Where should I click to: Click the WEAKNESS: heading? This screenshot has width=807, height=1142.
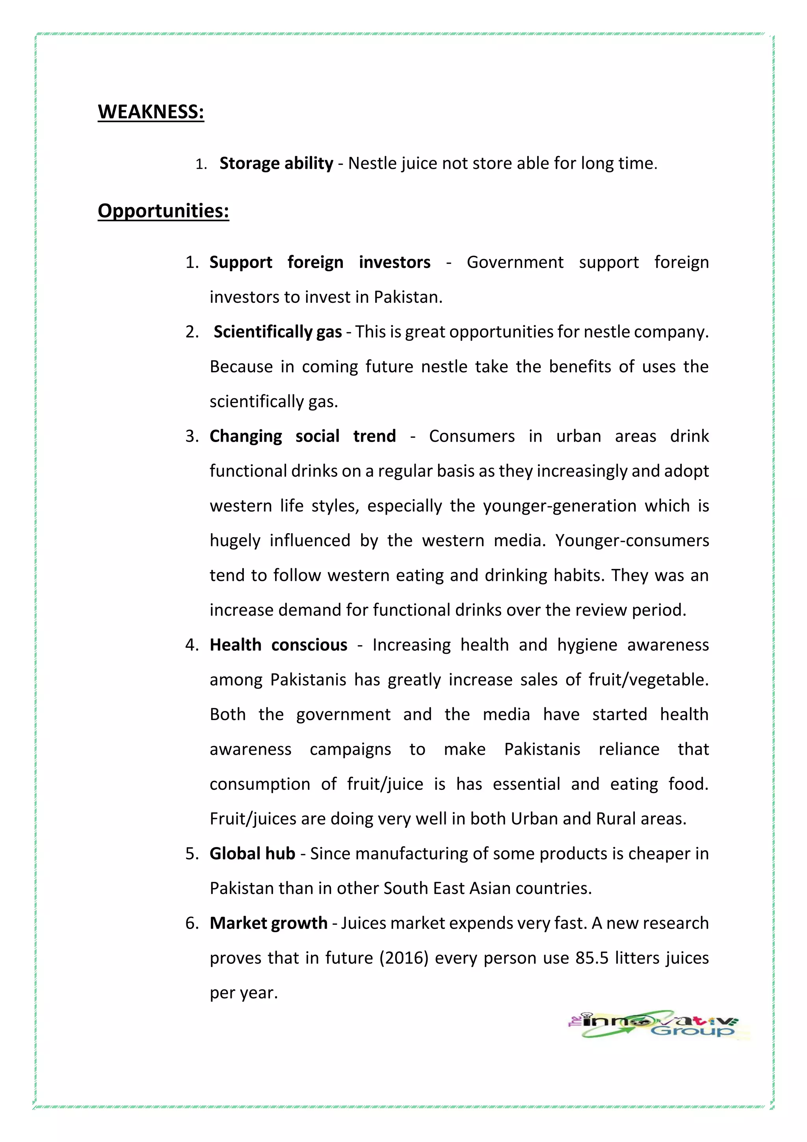[x=151, y=112]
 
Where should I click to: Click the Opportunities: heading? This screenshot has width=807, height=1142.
[x=163, y=211]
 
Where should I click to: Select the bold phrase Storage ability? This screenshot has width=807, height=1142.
[x=276, y=163]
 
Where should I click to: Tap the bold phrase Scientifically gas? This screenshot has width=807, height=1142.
[x=278, y=332]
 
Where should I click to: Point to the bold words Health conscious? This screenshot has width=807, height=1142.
[x=278, y=645]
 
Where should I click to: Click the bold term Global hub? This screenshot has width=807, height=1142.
[x=253, y=853]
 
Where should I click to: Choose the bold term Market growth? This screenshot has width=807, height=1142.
[x=268, y=923]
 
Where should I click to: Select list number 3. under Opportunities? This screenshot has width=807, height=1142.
[x=192, y=436]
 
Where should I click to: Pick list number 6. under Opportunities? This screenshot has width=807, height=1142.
[x=192, y=924]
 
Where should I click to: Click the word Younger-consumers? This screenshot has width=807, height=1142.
[x=632, y=541]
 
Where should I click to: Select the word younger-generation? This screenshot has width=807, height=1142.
[x=560, y=506]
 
